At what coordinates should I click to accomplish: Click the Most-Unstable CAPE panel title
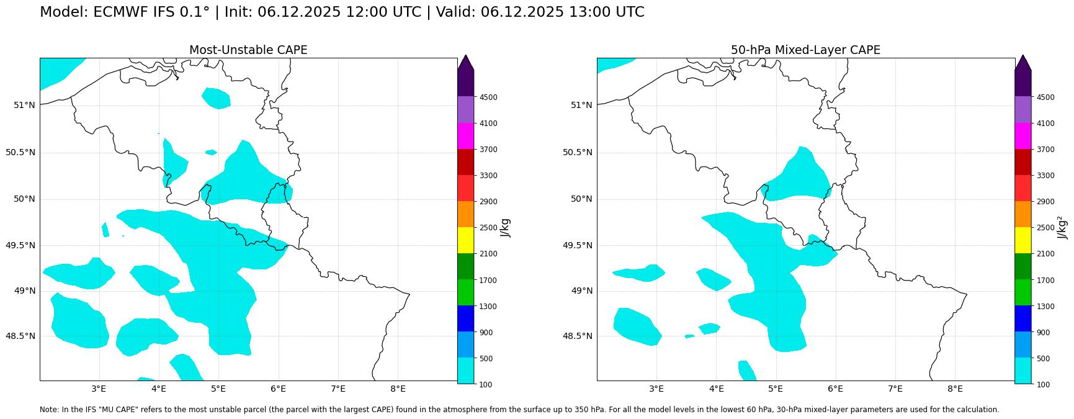point(248,50)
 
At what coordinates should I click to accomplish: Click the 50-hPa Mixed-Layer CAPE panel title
point(805,50)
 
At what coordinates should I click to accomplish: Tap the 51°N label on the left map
point(24,105)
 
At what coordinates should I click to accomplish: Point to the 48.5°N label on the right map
point(578,336)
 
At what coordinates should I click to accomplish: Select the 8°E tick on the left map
point(398,389)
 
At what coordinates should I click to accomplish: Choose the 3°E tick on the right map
point(656,389)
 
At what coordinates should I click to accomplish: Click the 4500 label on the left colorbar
point(488,97)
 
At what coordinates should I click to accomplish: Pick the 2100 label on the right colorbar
point(1045,254)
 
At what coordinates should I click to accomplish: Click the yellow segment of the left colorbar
point(466,240)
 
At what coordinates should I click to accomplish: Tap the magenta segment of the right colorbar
point(1023,135)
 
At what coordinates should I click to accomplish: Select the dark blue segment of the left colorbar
point(466,318)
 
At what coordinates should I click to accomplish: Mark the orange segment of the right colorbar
point(1023,214)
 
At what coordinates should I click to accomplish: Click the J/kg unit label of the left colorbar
point(505,227)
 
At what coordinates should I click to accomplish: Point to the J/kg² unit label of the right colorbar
point(1063,227)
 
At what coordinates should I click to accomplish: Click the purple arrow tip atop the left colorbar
point(466,62)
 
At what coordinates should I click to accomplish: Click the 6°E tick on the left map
point(278,389)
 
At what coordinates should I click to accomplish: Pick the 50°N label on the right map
point(581,199)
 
